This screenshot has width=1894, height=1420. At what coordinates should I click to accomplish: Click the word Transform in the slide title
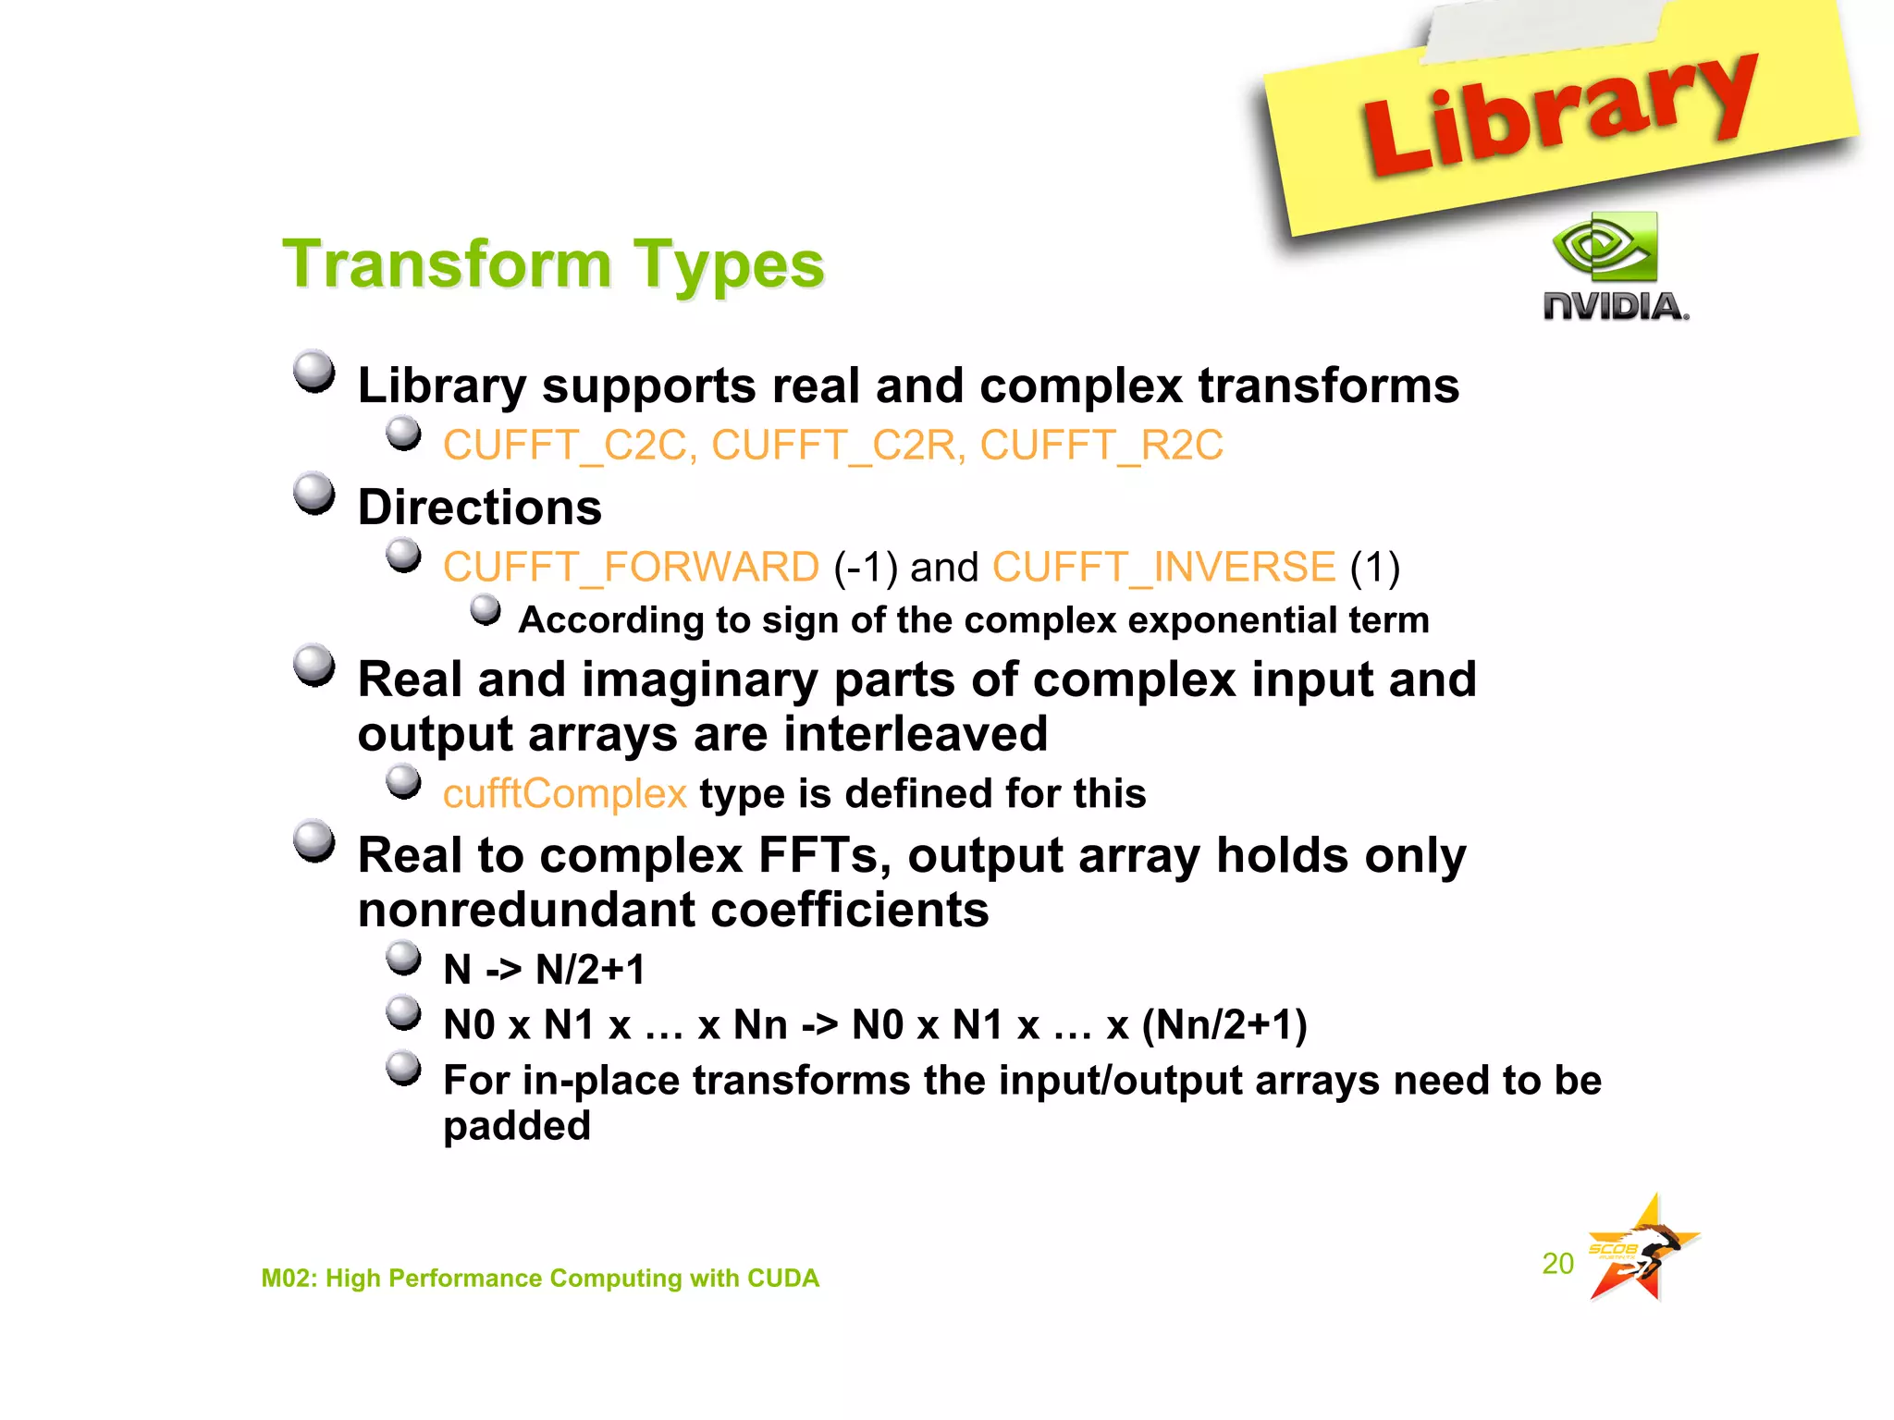pos(447,265)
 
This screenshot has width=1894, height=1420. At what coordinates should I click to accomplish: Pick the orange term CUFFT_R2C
pos(1101,446)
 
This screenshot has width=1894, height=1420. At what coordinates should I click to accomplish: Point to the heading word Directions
pos(479,508)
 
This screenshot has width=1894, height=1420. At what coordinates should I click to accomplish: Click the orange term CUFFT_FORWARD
pos(631,567)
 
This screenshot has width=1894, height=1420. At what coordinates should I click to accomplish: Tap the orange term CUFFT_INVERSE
pos(1163,567)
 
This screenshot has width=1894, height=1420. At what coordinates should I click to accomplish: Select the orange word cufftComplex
pos(564,794)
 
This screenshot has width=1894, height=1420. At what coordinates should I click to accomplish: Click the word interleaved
pos(916,734)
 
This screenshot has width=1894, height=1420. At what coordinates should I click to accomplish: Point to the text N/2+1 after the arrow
pos(590,970)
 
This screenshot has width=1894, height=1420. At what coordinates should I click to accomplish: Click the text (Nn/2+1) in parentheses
pos(1224,1025)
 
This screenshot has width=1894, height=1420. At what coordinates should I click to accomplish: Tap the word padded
pos(516,1126)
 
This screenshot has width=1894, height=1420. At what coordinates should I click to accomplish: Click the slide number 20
pos(1557,1264)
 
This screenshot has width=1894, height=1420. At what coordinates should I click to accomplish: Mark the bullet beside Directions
pos(314,494)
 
